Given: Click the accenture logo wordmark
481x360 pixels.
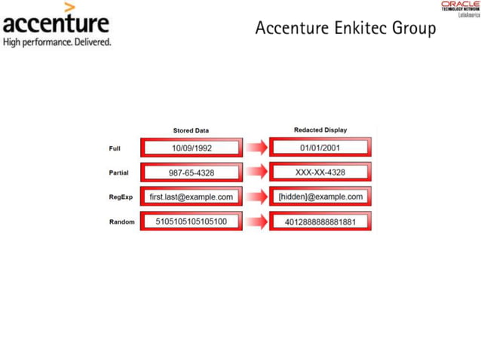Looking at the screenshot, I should (x=56, y=23).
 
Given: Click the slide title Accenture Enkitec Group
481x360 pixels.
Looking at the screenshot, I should (x=345, y=29).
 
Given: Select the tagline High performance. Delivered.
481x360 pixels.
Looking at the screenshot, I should (x=57, y=42).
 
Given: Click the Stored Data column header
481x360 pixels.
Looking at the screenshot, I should (x=191, y=130).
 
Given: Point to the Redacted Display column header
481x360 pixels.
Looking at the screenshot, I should (x=320, y=130).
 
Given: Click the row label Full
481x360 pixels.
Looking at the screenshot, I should (x=115, y=148).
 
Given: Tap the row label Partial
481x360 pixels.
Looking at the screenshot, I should (x=118, y=172).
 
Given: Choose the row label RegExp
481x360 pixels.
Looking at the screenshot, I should (x=121, y=197).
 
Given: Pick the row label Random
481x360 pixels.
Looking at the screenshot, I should (x=121, y=221).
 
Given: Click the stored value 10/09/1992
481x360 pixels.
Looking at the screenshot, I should (x=191, y=148).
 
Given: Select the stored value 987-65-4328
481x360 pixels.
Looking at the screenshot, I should (x=191, y=172).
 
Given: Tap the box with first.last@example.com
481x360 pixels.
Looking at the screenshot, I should (x=191, y=197).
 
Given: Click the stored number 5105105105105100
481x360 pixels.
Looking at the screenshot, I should (x=191, y=221).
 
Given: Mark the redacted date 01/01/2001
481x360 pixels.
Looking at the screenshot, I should (x=320, y=148).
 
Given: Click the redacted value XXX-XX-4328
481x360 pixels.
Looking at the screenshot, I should (x=320, y=172).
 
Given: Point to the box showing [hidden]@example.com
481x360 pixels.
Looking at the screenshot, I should (x=320, y=197).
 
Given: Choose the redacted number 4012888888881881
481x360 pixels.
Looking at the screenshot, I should (x=320, y=221).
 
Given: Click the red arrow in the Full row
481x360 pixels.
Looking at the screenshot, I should (x=256, y=148).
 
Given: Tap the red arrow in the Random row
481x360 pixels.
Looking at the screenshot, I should (x=256, y=222).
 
